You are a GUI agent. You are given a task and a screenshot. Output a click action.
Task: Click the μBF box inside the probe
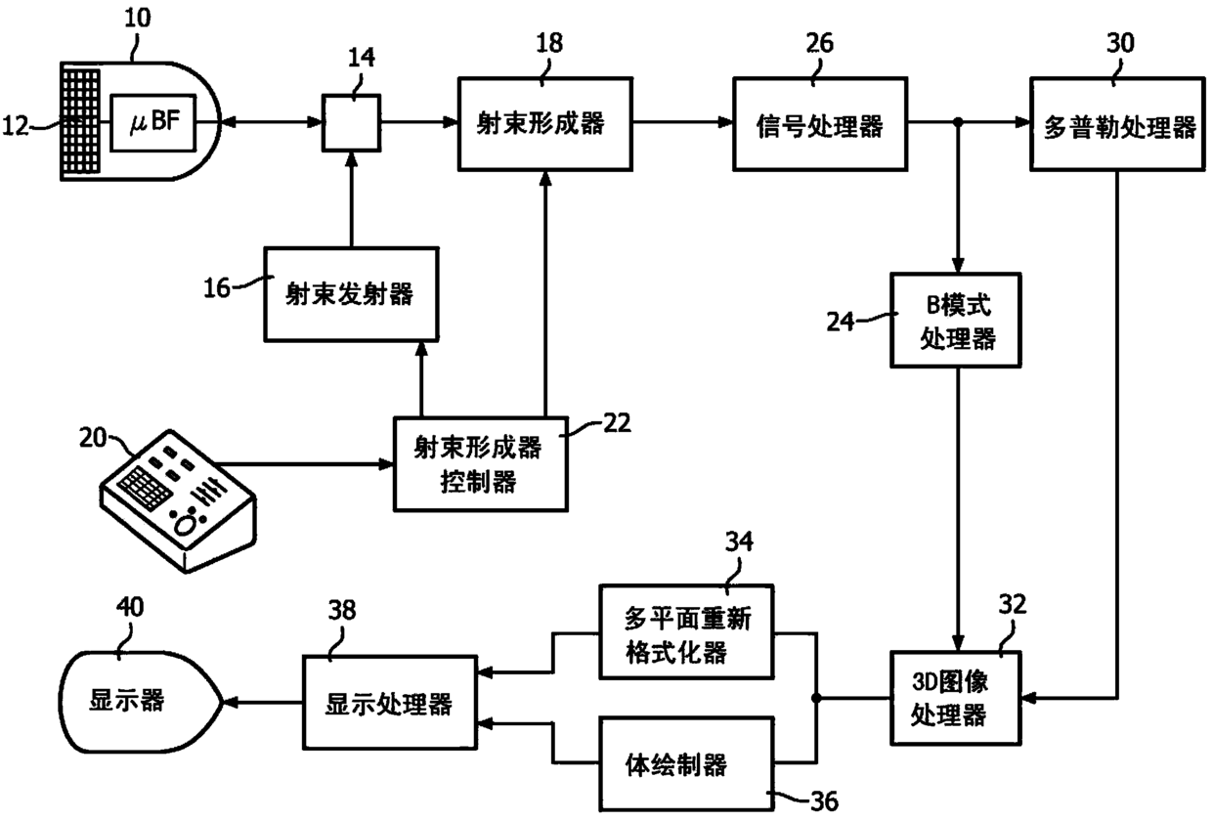click(153, 123)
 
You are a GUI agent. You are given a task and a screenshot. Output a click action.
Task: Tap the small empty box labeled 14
click(351, 123)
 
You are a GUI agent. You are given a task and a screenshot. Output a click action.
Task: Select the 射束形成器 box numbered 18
click(545, 124)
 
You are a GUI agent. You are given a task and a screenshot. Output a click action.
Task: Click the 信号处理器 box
click(820, 124)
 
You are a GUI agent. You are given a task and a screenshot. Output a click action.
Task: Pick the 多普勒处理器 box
click(1118, 124)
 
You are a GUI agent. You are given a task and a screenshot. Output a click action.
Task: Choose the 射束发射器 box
click(351, 294)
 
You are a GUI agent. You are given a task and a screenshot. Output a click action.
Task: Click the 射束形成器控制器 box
click(481, 464)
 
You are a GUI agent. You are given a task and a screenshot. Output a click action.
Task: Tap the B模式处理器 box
click(956, 321)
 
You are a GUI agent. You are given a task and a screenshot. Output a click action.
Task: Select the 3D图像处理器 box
click(956, 698)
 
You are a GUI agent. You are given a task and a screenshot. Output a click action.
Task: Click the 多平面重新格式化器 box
click(686, 631)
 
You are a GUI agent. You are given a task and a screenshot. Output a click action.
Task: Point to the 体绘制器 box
click(686, 764)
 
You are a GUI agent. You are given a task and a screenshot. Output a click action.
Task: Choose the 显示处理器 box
click(390, 703)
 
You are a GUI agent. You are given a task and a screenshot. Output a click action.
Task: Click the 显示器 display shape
click(141, 703)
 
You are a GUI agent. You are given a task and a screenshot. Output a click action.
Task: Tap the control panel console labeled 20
click(178, 500)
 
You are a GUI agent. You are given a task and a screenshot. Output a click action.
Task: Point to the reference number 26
click(820, 43)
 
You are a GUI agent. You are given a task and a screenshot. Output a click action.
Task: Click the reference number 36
click(824, 801)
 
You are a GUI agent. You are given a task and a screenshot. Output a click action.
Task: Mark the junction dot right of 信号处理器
click(958, 122)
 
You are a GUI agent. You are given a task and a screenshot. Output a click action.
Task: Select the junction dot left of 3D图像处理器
click(816, 698)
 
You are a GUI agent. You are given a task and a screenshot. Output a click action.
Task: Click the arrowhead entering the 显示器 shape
click(231, 703)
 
